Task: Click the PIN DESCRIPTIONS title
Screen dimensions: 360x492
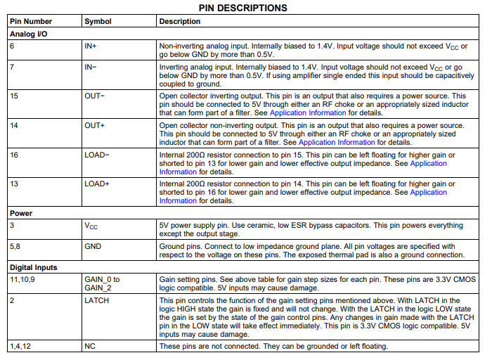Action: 242,8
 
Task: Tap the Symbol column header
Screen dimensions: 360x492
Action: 98,22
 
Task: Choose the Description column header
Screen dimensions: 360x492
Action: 180,22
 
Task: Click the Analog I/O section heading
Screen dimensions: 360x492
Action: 28,33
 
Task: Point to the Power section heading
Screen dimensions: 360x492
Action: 21,213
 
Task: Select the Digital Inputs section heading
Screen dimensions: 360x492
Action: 34,267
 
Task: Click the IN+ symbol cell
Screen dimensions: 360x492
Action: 91,46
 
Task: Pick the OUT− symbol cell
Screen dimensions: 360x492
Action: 95,96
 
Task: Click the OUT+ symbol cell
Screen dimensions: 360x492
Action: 95,124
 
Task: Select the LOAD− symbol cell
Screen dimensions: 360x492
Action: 97,154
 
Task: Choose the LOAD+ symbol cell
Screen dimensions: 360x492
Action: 97,184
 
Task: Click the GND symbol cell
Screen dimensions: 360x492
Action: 93,247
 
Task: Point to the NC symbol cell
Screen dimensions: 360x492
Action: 90,347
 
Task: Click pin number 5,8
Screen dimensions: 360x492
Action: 15,247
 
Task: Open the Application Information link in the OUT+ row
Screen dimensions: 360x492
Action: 327,142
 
